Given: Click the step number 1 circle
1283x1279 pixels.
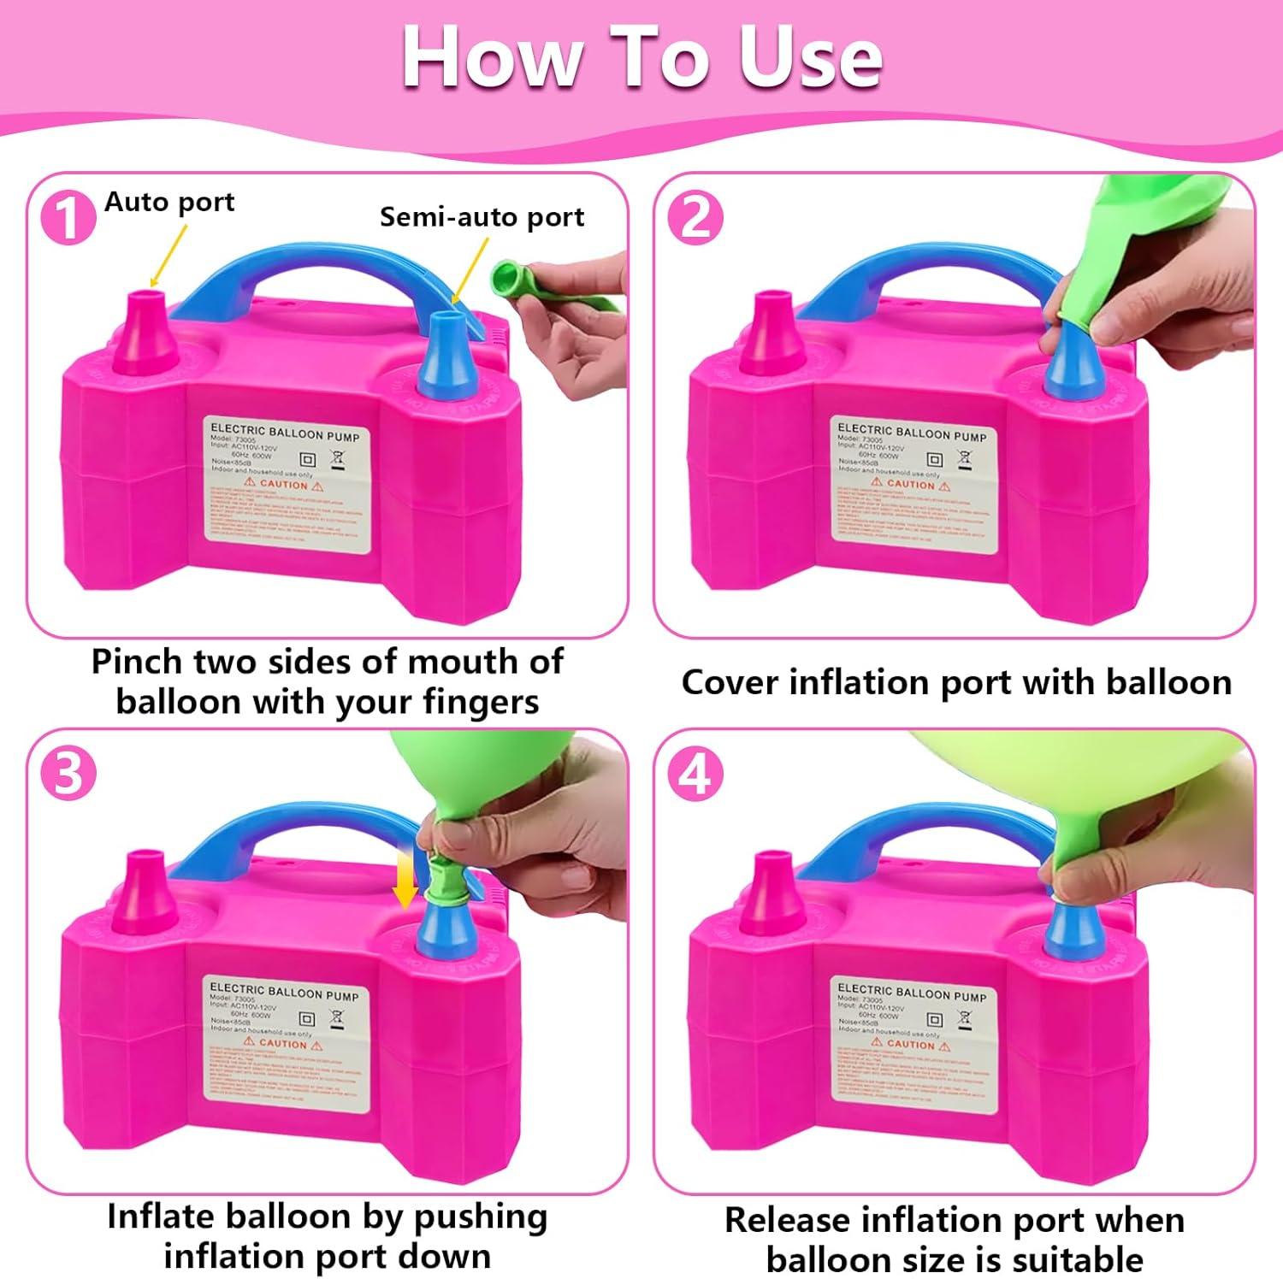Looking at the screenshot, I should point(68,218).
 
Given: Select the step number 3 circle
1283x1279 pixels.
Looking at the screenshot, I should point(68,774).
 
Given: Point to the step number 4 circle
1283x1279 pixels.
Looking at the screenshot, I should point(695,775).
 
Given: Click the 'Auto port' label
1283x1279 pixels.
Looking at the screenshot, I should point(169,203).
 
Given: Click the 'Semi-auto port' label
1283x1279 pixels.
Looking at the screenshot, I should point(482,217).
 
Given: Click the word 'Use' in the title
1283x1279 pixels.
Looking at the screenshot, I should point(810,58).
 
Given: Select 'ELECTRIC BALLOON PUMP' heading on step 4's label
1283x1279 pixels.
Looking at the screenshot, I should point(911,993).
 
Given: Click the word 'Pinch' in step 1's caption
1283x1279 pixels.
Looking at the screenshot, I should point(137,663).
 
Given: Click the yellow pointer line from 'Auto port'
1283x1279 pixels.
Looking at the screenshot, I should point(169,255).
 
